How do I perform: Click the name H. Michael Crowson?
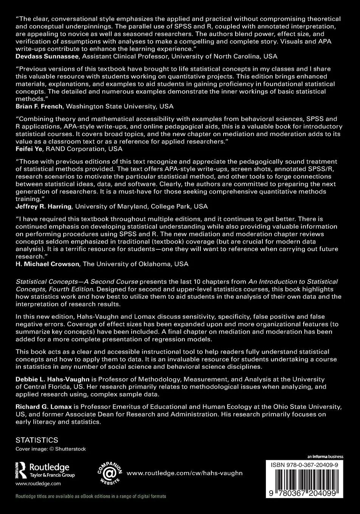(x=47, y=264)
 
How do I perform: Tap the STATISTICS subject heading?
(x=37, y=440)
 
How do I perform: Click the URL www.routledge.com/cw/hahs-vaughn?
(x=185, y=473)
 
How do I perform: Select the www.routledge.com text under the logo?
(x=38, y=483)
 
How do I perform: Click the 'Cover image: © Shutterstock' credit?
(x=51, y=449)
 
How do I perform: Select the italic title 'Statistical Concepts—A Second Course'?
(x=77, y=282)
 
